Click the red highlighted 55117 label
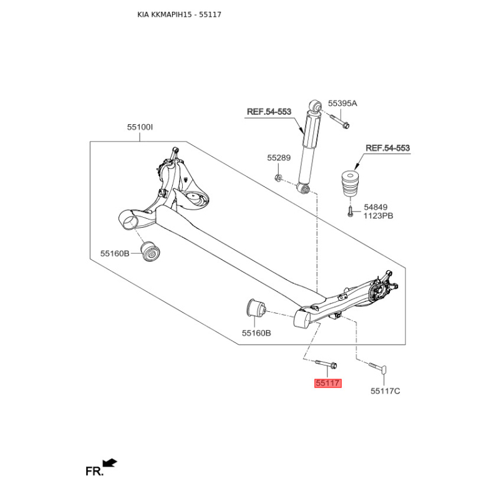pos(328,383)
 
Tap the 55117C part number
pos(385,391)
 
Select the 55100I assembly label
pos(140,127)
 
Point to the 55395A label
pos(342,103)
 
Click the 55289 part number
pos(279,158)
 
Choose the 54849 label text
pos(375,207)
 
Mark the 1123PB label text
pos(379,216)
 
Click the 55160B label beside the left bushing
pos(115,254)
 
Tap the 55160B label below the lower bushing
pos(256,333)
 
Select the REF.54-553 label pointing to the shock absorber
pos(269,112)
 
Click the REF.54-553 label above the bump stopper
pos(387,148)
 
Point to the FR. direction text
pos(95,472)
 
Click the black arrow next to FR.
pos(110,463)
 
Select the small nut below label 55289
pos(278,178)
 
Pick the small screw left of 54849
pos(350,211)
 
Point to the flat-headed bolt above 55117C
pos(378,368)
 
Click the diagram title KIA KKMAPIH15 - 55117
pos(179,14)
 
